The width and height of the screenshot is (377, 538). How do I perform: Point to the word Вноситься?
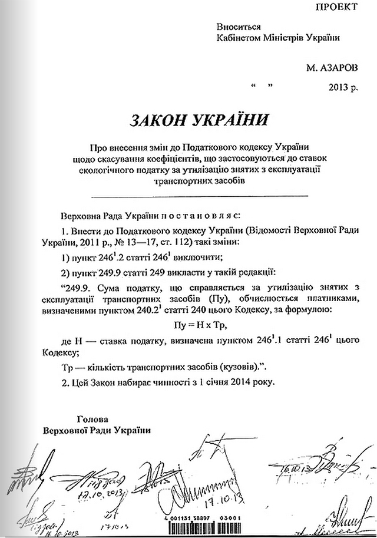tap(238, 27)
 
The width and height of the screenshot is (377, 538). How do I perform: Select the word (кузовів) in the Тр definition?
tap(230, 365)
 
